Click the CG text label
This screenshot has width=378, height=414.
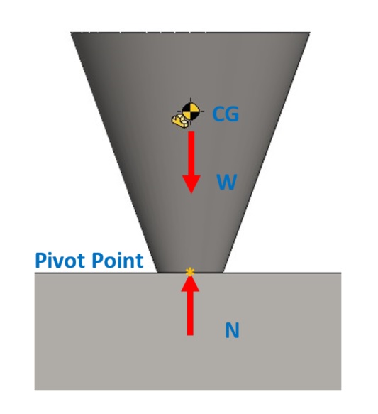(226, 114)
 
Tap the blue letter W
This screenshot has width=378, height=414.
(227, 182)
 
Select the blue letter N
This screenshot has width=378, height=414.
(232, 330)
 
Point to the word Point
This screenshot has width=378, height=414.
(117, 261)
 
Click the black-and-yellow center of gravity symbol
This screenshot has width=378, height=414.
(191, 111)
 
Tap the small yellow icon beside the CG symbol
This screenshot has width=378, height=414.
(180, 121)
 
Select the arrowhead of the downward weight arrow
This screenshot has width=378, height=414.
(191, 184)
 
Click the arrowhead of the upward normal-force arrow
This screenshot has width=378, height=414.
(190, 283)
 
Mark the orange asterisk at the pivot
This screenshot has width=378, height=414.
(190, 272)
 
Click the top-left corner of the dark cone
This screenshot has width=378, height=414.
(71, 33)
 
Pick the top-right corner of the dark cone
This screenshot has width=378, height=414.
(310, 33)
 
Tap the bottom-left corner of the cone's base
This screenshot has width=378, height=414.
(157, 272)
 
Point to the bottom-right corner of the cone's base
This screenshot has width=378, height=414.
(223, 272)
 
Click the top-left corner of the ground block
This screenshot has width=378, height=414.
(35, 273)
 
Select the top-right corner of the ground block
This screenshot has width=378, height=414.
(341, 273)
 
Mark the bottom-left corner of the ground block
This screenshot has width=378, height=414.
(35, 389)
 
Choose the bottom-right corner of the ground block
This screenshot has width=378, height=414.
(341, 389)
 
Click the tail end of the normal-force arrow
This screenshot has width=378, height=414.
(190, 335)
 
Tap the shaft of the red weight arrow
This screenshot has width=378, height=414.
(191, 153)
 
